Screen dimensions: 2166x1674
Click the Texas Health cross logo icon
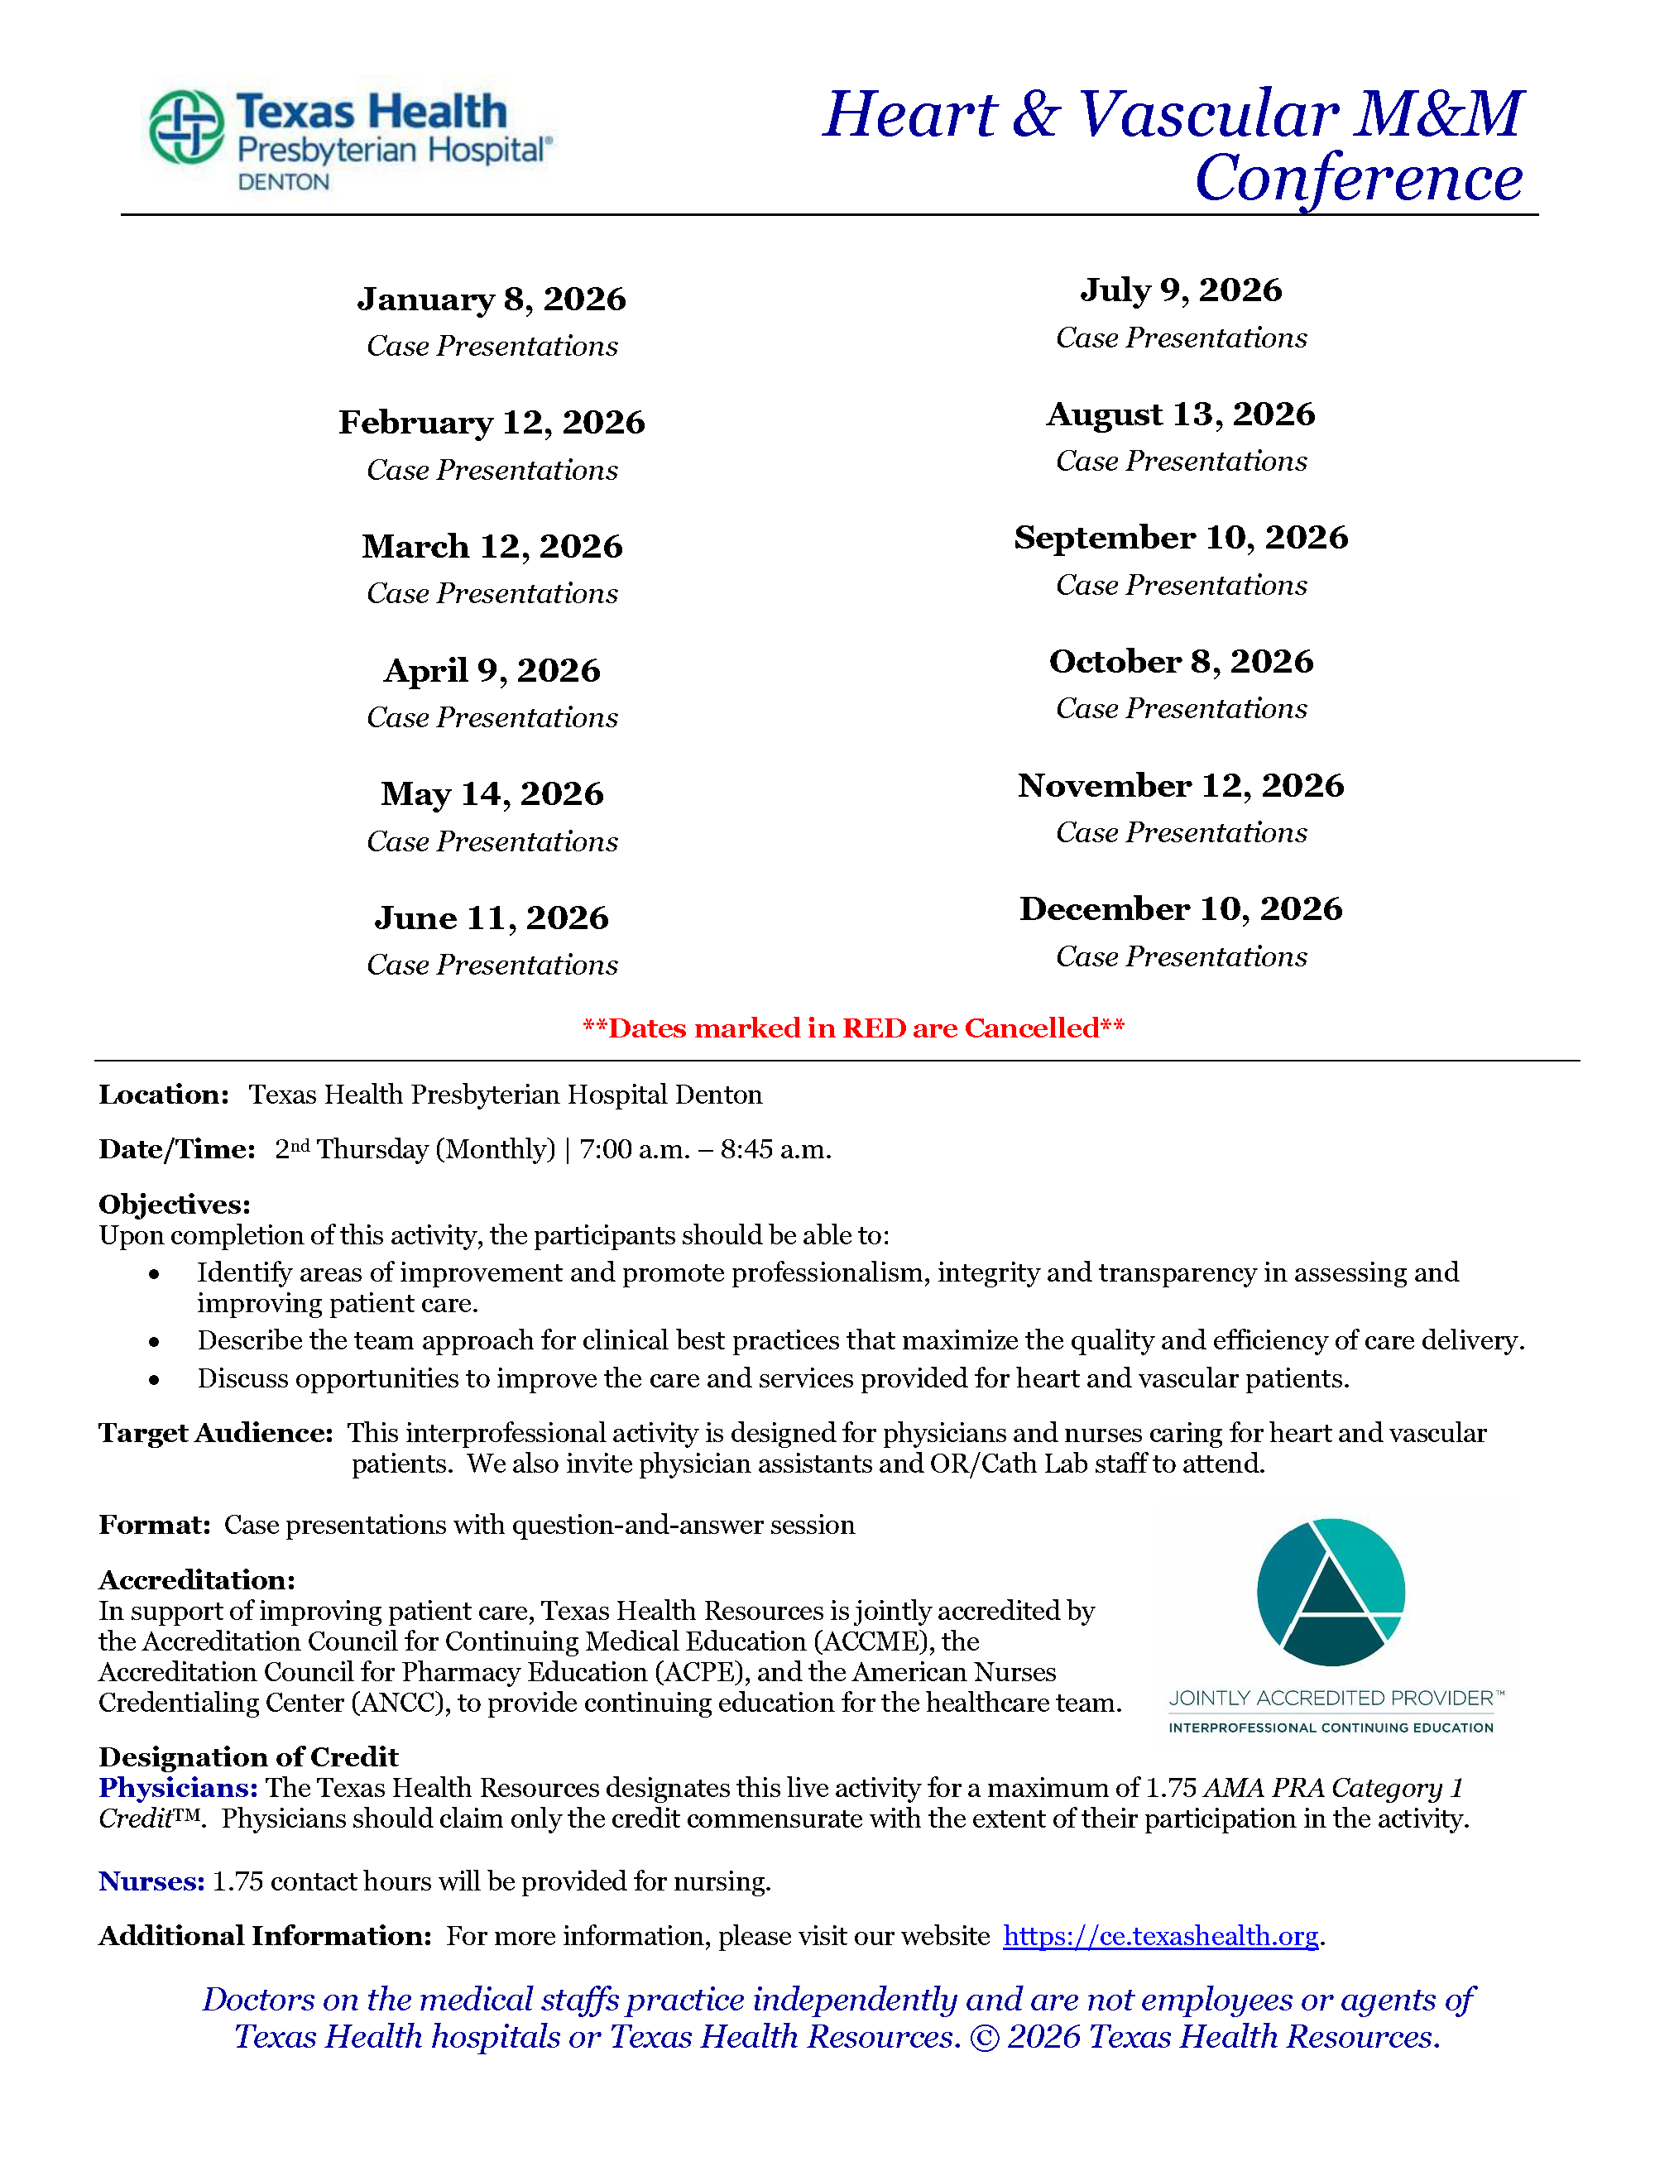pyautogui.click(x=186, y=127)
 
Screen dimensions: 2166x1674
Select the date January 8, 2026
pyautogui.click(x=492, y=299)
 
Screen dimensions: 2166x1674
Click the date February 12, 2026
pyautogui.click(x=492, y=423)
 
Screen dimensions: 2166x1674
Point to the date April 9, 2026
pyautogui.click(x=492, y=670)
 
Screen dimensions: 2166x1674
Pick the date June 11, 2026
pyautogui.click(x=492, y=918)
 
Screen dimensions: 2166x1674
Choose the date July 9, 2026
pyautogui.click(x=1181, y=290)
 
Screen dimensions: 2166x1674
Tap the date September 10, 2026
pyautogui.click(x=1181, y=538)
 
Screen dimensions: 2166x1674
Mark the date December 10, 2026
pyautogui.click(x=1181, y=909)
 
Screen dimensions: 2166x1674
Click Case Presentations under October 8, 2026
pyautogui.click(x=1181, y=708)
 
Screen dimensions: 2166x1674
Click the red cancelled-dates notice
pyautogui.click(x=853, y=1028)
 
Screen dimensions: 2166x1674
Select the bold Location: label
pyautogui.click(x=164, y=1095)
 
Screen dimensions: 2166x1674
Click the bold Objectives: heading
pyautogui.click(x=175, y=1204)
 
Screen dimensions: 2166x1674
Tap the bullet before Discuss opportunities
pyautogui.click(x=154, y=1379)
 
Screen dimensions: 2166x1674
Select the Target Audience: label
pyautogui.click(x=215, y=1433)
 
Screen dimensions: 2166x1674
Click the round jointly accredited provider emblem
pyautogui.click(x=1331, y=1592)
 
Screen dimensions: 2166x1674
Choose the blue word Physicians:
pyautogui.click(x=179, y=1788)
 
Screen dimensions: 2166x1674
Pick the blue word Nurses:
pyautogui.click(x=151, y=1881)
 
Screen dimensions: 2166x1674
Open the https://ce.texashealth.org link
pyautogui.click(x=1160, y=1936)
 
